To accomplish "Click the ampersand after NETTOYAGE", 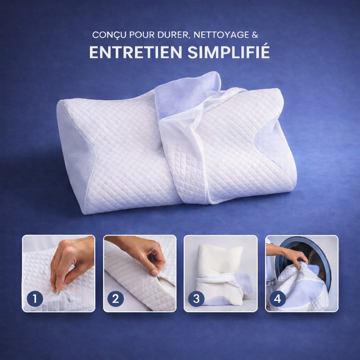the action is click(x=255, y=35).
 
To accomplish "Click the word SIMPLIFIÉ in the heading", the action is click(x=229, y=52).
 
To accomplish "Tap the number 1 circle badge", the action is click(x=35, y=299).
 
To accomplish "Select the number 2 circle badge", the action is click(x=116, y=299).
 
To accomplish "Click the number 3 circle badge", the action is click(x=196, y=299).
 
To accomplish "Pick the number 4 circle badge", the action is click(x=278, y=299).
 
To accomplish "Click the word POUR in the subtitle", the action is click(x=142, y=35).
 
